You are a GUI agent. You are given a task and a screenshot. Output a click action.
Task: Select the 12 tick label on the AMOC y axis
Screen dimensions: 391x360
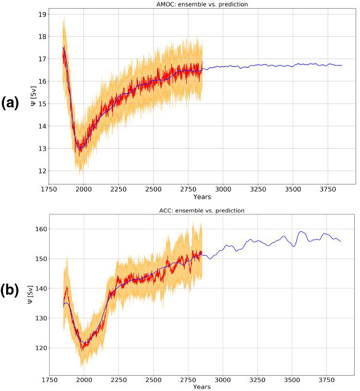pyautogui.click(x=42, y=171)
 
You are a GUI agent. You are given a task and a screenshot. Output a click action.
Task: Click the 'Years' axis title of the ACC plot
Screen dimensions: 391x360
pyautogui.click(x=202, y=387)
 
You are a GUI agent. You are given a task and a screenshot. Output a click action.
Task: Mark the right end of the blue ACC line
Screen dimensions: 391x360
pyautogui.click(x=340, y=241)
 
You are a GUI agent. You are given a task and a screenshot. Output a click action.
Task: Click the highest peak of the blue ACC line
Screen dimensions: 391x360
pyautogui.click(x=301, y=232)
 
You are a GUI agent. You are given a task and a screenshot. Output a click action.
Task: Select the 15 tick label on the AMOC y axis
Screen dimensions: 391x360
pyautogui.click(x=42, y=104)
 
